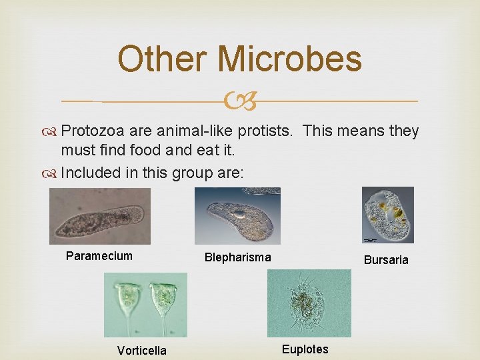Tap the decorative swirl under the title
(x=240, y=101)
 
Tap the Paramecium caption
(x=99, y=256)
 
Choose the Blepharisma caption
(x=237, y=257)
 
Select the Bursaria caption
(x=385, y=260)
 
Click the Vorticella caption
(x=141, y=351)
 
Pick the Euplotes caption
(x=305, y=349)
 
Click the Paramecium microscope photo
(x=100, y=216)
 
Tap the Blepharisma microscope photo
(x=237, y=215)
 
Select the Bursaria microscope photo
(x=387, y=215)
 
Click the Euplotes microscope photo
(x=309, y=303)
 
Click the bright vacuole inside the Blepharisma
(x=238, y=215)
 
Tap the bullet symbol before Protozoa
(x=53, y=131)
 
